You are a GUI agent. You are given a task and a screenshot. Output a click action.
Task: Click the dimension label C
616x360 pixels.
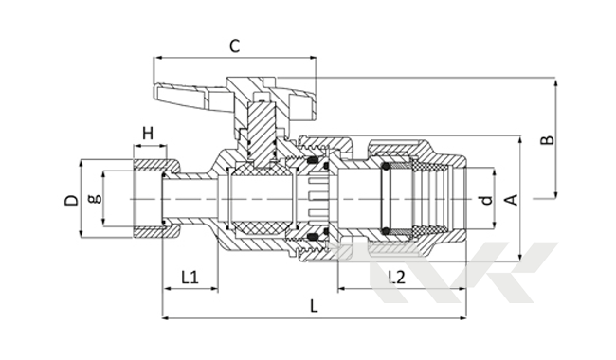click(234, 46)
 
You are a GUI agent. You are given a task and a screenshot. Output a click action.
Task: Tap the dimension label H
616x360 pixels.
click(148, 134)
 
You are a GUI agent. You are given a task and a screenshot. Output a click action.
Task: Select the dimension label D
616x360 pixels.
click(71, 200)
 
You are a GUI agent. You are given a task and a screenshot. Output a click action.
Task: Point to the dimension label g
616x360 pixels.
click(95, 199)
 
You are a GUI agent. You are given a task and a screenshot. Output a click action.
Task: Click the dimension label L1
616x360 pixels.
click(190, 278)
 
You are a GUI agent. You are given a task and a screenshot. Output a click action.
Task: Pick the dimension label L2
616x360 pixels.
click(396, 278)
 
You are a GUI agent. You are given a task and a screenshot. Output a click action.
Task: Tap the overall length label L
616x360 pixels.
click(314, 306)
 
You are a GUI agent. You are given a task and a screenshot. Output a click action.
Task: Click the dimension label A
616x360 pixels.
click(513, 200)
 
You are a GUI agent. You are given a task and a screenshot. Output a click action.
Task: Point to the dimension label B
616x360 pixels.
click(547, 140)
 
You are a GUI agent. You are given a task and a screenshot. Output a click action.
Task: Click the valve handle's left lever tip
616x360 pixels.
click(156, 91)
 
